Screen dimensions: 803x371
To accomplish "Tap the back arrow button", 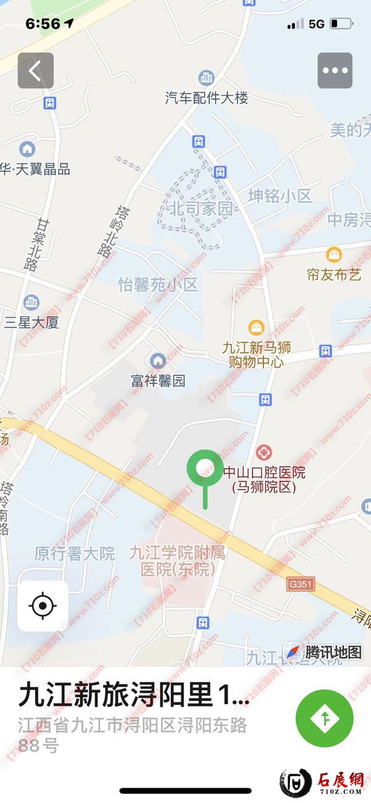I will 35,70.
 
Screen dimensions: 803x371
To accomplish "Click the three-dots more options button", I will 335,70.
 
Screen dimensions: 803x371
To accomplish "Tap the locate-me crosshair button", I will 43,606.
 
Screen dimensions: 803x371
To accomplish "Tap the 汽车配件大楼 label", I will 206,98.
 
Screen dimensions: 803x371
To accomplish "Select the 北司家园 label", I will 201,208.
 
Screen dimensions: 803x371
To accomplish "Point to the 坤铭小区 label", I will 279,196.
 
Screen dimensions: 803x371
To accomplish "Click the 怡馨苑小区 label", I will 158,285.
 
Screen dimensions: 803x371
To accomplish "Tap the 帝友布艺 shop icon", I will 335,254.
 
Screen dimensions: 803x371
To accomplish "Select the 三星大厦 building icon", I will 31,302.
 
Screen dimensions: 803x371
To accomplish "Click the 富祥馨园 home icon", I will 158,360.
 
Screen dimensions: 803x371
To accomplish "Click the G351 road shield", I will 301,583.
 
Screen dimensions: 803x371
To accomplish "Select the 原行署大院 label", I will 74,553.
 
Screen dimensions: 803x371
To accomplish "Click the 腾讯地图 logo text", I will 333,652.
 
